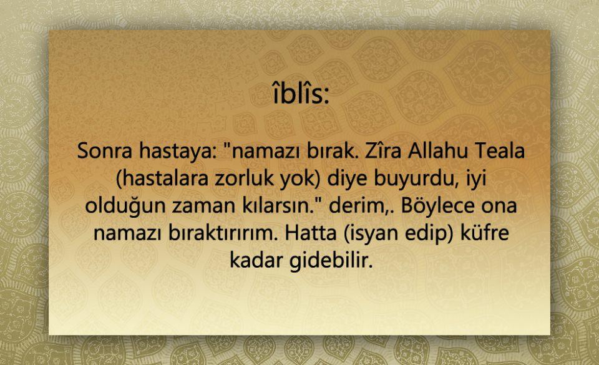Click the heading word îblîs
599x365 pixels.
click(x=298, y=94)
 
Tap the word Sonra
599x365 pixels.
click(x=104, y=151)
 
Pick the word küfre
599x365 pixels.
click(x=485, y=233)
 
